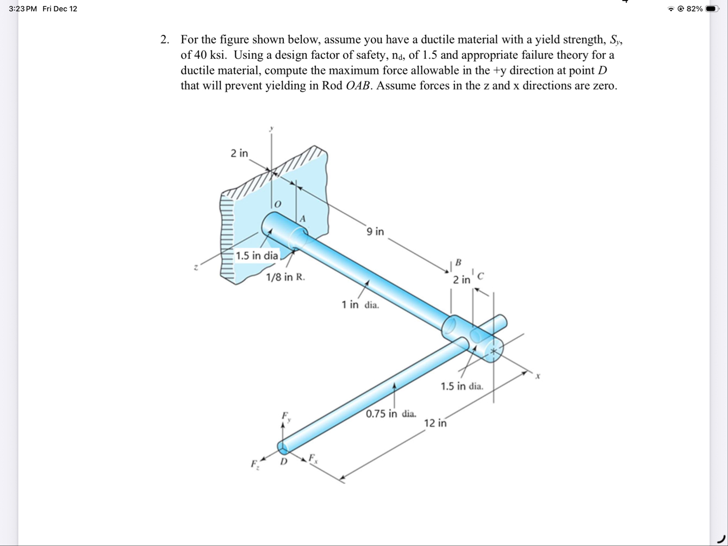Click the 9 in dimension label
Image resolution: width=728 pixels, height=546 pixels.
click(x=375, y=232)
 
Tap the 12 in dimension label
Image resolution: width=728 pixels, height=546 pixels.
click(x=435, y=423)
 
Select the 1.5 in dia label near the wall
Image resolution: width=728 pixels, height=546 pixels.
click(x=257, y=256)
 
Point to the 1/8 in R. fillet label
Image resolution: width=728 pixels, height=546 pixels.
click(x=285, y=277)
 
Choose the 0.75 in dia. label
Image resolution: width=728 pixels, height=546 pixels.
click(x=391, y=414)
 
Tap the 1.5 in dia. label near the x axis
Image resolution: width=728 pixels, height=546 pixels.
click(x=462, y=387)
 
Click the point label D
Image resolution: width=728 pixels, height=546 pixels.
click(x=283, y=462)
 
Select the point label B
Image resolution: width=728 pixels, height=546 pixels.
click(x=458, y=263)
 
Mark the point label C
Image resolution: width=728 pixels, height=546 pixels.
click(x=480, y=276)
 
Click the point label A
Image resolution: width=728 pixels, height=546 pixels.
click(x=303, y=218)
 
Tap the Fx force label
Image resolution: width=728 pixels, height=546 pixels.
click(x=313, y=458)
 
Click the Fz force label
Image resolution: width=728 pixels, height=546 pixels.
click(x=254, y=464)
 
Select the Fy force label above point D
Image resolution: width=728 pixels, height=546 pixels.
click(x=285, y=417)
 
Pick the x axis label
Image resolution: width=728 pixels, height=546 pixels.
click(x=537, y=376)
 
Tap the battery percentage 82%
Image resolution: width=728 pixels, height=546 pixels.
click(x=694, y=9)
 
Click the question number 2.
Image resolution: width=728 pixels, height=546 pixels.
click(x=164, y=40)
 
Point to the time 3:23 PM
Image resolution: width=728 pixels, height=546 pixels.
click(x=22, y=9)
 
